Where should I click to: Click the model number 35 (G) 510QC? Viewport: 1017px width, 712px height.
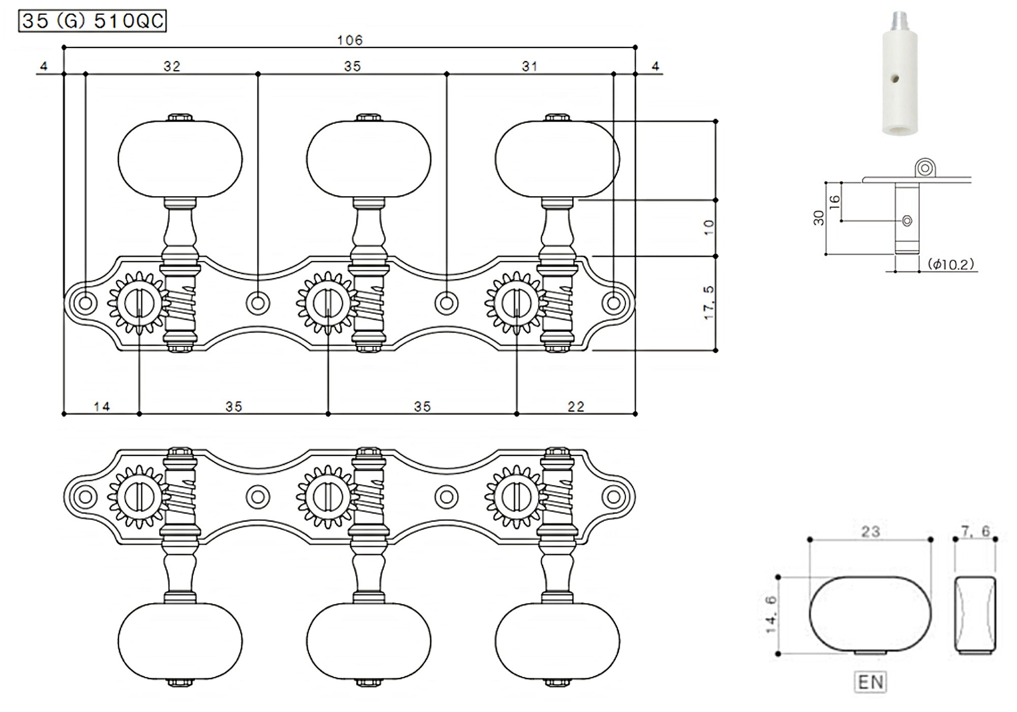pos(93,21)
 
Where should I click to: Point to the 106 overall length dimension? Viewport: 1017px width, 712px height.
pos(350,40)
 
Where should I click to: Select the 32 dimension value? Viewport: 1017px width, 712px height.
pos(172,66)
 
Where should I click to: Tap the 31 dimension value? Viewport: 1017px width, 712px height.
pos(529,66)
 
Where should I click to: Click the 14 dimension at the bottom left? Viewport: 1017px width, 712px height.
pos(102,406)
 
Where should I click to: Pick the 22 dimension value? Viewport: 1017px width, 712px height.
pos(576,406)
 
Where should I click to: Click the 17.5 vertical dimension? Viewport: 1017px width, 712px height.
pos(709,303)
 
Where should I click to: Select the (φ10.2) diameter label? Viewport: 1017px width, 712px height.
pos(950,264)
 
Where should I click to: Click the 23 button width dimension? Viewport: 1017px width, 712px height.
pos(870,531)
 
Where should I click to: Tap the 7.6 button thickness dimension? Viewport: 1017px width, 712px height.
pos(975,531)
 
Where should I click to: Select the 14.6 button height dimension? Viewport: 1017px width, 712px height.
pos(771,615)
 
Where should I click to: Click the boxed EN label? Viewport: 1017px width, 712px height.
pos(870,682)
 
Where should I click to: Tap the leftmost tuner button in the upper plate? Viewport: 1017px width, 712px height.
pos(180,159)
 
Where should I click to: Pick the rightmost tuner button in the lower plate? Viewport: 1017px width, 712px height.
pos(557,641)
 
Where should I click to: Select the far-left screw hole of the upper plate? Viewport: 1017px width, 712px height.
pos(85,303)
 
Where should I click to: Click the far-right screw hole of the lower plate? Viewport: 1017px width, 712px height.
pos(614,496)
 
